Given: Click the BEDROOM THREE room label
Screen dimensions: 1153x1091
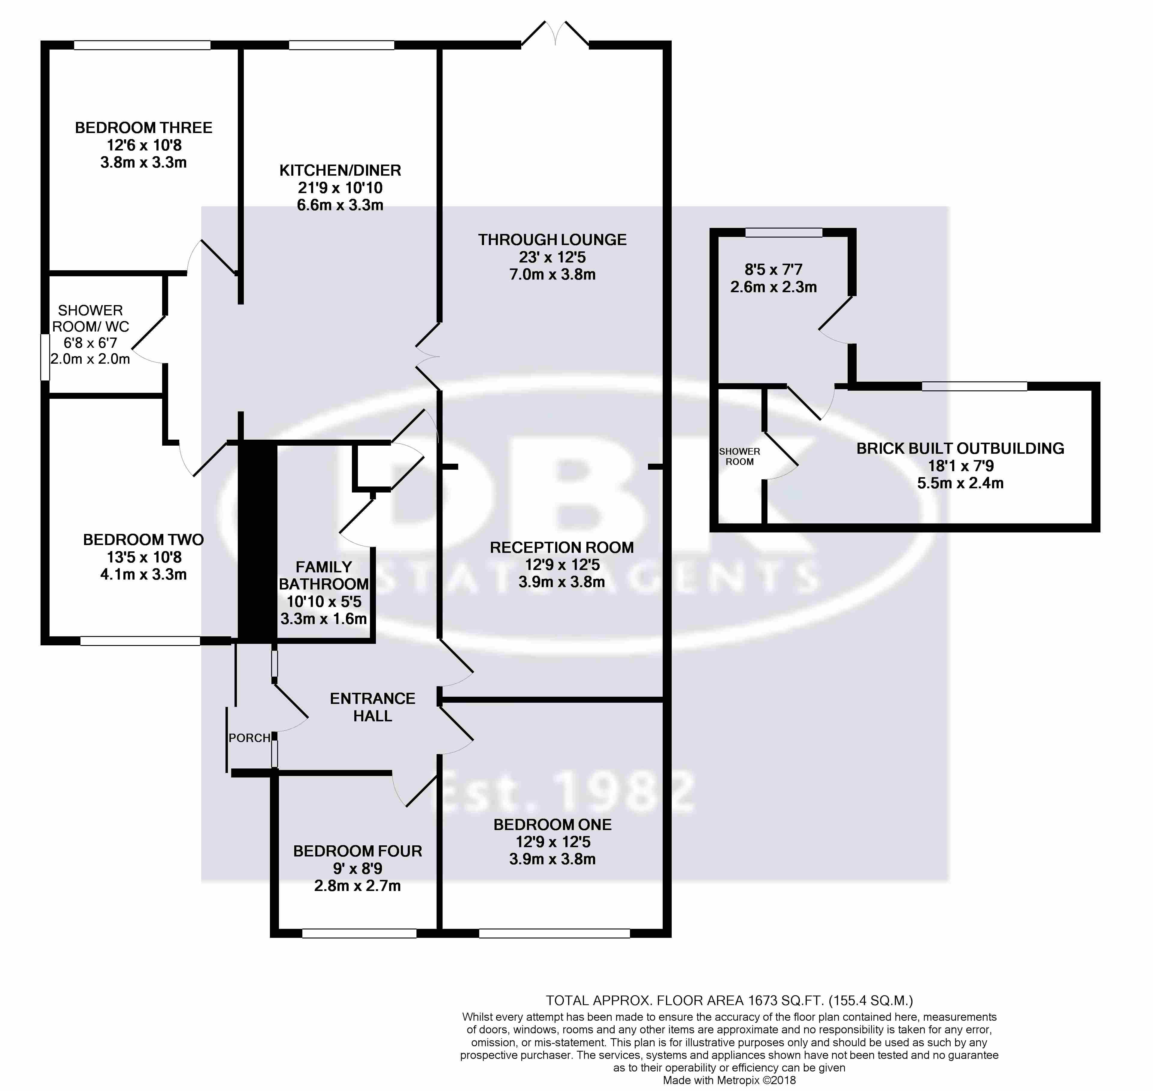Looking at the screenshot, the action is tap(144, 128).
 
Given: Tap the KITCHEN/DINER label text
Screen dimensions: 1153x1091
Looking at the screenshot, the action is tap(340, 170).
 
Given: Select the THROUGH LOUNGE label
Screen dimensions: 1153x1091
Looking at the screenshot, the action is tap(552, 240).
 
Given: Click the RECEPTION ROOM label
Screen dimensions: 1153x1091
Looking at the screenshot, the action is tap(562, 547).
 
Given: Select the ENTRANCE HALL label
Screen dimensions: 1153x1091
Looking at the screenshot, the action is tap(373, 707).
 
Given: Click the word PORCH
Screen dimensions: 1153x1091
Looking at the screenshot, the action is tap(250, 738).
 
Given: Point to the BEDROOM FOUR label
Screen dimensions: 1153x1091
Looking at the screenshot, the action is tap(358, 851).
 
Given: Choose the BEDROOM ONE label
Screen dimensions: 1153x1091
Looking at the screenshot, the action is tap(552, 825).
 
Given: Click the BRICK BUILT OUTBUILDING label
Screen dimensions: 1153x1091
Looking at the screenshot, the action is tap(961, 448).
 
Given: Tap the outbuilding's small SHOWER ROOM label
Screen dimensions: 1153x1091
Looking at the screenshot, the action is tap(740, 456).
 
